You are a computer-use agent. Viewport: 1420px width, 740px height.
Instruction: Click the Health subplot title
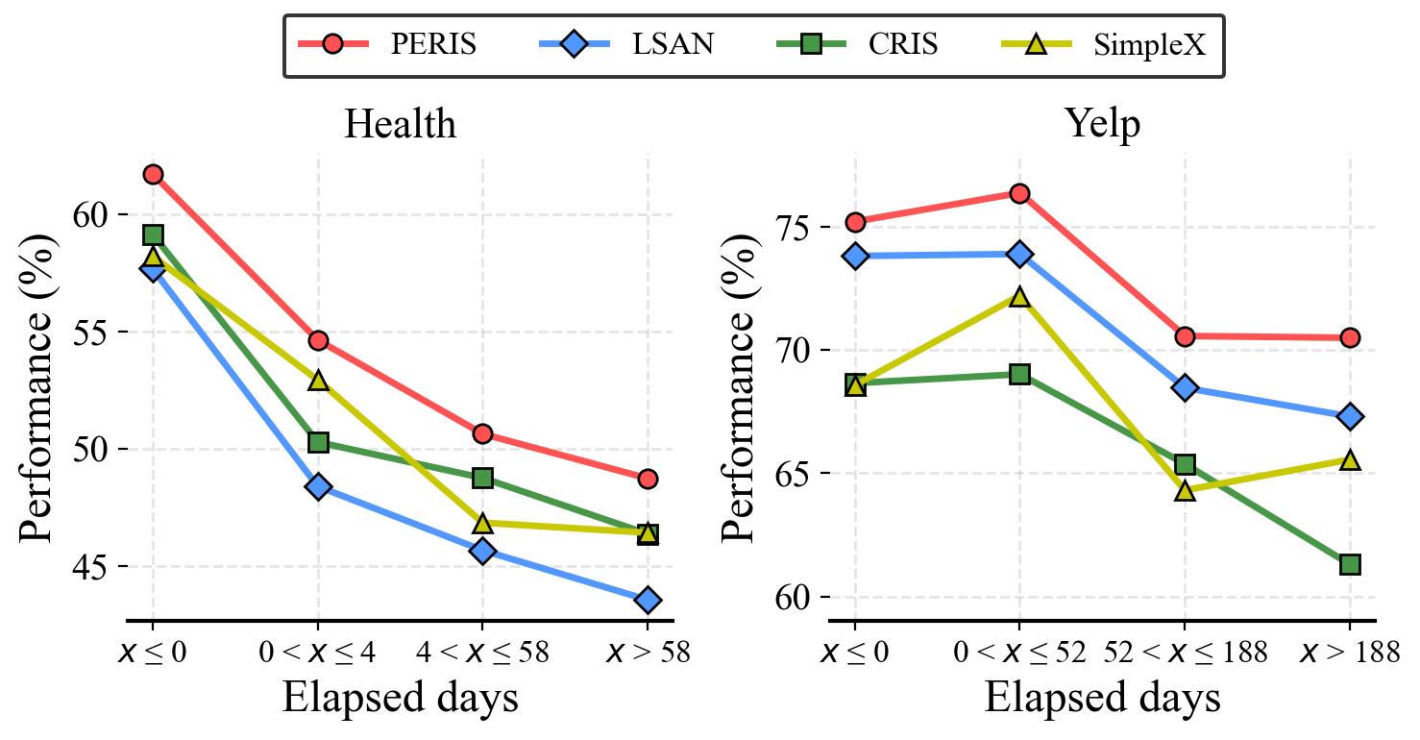(x=400, y=124)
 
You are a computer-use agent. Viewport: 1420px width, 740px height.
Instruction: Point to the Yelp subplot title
(x=1102, y=124)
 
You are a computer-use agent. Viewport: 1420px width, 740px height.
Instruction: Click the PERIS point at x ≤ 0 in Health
(x=153, y=174)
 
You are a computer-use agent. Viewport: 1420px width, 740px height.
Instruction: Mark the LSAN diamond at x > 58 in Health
(x=648, y=600)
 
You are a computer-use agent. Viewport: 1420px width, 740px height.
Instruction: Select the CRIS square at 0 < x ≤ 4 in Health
(x=318, y=442)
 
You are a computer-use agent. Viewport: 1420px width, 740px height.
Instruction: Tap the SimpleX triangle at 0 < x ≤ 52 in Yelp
(x=1019, y=297)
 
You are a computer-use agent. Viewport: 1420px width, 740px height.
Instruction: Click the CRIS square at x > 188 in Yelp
(x=1350, y=564)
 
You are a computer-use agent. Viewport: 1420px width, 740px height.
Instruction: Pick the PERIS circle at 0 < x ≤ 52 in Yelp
(x=1019, y=193)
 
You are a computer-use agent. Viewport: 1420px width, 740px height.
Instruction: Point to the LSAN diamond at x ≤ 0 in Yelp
(x=855, y=256)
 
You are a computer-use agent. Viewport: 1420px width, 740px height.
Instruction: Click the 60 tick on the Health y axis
(x=92, y=214)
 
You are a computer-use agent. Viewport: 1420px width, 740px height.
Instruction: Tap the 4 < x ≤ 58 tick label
(x=482, y=654)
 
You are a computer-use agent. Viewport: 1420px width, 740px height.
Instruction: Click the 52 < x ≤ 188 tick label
(x=1185, y=654)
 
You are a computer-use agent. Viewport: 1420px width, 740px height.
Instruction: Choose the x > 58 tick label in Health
(x=648, y=654)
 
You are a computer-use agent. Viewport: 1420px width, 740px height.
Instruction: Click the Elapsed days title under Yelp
(x=1102, y=699)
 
